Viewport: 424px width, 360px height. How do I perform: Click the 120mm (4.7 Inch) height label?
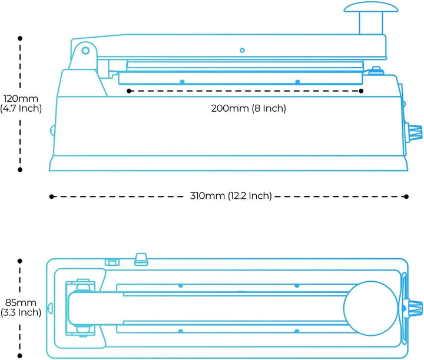(21, 103)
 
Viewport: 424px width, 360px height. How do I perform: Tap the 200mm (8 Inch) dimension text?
(249, 108)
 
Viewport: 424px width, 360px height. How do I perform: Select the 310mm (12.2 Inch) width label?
(231, 196)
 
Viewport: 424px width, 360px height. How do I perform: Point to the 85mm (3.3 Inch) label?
(21, 307)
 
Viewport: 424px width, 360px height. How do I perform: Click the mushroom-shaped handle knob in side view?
(371, 7)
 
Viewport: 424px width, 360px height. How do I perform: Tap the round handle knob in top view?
(371, 308)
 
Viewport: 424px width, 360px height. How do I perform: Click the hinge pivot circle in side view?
(85, 51)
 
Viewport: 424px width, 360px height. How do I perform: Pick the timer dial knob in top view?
(413, 308)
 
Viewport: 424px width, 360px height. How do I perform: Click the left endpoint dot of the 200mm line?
(129, 91)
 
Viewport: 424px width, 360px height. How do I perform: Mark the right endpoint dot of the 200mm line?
(361, 91)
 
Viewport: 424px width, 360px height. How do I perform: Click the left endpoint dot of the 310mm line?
(51, 196)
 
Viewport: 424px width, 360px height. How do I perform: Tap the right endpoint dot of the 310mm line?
(406, 196)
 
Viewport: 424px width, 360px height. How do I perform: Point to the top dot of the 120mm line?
(20, 38)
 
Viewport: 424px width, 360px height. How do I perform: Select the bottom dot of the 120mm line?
(20, 169)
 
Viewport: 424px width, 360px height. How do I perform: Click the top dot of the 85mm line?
(20, 261)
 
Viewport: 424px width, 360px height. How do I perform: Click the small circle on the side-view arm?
(242, 50)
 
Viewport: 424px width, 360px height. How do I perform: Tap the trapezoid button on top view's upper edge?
(141, 259)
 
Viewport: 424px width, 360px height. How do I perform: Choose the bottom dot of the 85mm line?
(20, 355)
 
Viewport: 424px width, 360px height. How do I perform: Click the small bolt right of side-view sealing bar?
(376, 70)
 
